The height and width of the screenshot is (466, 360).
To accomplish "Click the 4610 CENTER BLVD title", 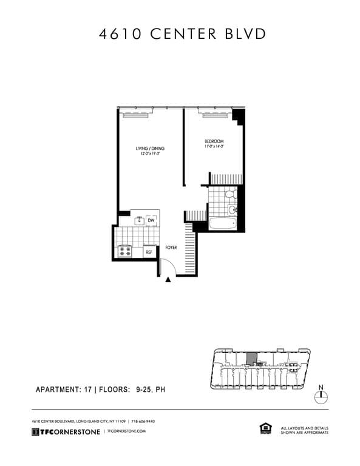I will click(x=182, y=34).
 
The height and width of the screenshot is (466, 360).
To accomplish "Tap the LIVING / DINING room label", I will click(x=151, y=148).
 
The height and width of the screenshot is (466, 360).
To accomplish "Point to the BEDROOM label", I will click(x=214, y=141).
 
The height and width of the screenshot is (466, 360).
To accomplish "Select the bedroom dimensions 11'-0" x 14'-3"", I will click(x=214, y=146).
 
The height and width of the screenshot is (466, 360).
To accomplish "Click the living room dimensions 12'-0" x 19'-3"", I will click(x=150, y=154).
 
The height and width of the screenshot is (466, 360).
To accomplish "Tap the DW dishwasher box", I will click(x=151, y=220).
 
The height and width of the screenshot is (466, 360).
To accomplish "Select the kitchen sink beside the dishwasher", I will click(x=138, y=220).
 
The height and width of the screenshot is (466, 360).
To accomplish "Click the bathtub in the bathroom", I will click(x=222, y=223).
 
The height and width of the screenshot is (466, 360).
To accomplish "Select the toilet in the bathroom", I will click(x=229, y=195).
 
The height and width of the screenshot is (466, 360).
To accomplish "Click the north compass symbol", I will click(x=321, y=395).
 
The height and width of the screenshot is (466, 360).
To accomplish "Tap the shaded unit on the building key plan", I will click(x=251, y=358).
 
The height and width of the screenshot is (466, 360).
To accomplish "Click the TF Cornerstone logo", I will click(x=67, y=431).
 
